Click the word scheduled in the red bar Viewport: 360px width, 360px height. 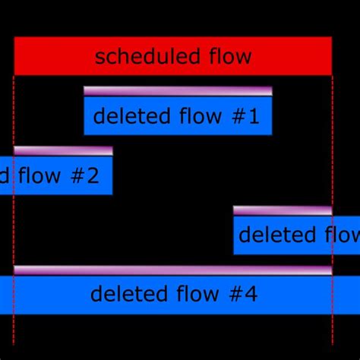pyautogui.click(x=141, y=56)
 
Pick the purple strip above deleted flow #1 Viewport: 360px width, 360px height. pyautogui.click(x=178, y=91)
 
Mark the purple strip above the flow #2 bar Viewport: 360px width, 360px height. pyautogui.click(x=63, y=150)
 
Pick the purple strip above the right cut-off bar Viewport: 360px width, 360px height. pyautogui.click(x=283, y=210)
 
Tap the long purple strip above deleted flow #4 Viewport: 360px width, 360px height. pyautogui.click(x=173, y=270)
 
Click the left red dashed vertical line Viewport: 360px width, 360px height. pyautogui.click(x=14, y=334)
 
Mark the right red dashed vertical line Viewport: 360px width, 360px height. pyautogui.click(x=332, y=334)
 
